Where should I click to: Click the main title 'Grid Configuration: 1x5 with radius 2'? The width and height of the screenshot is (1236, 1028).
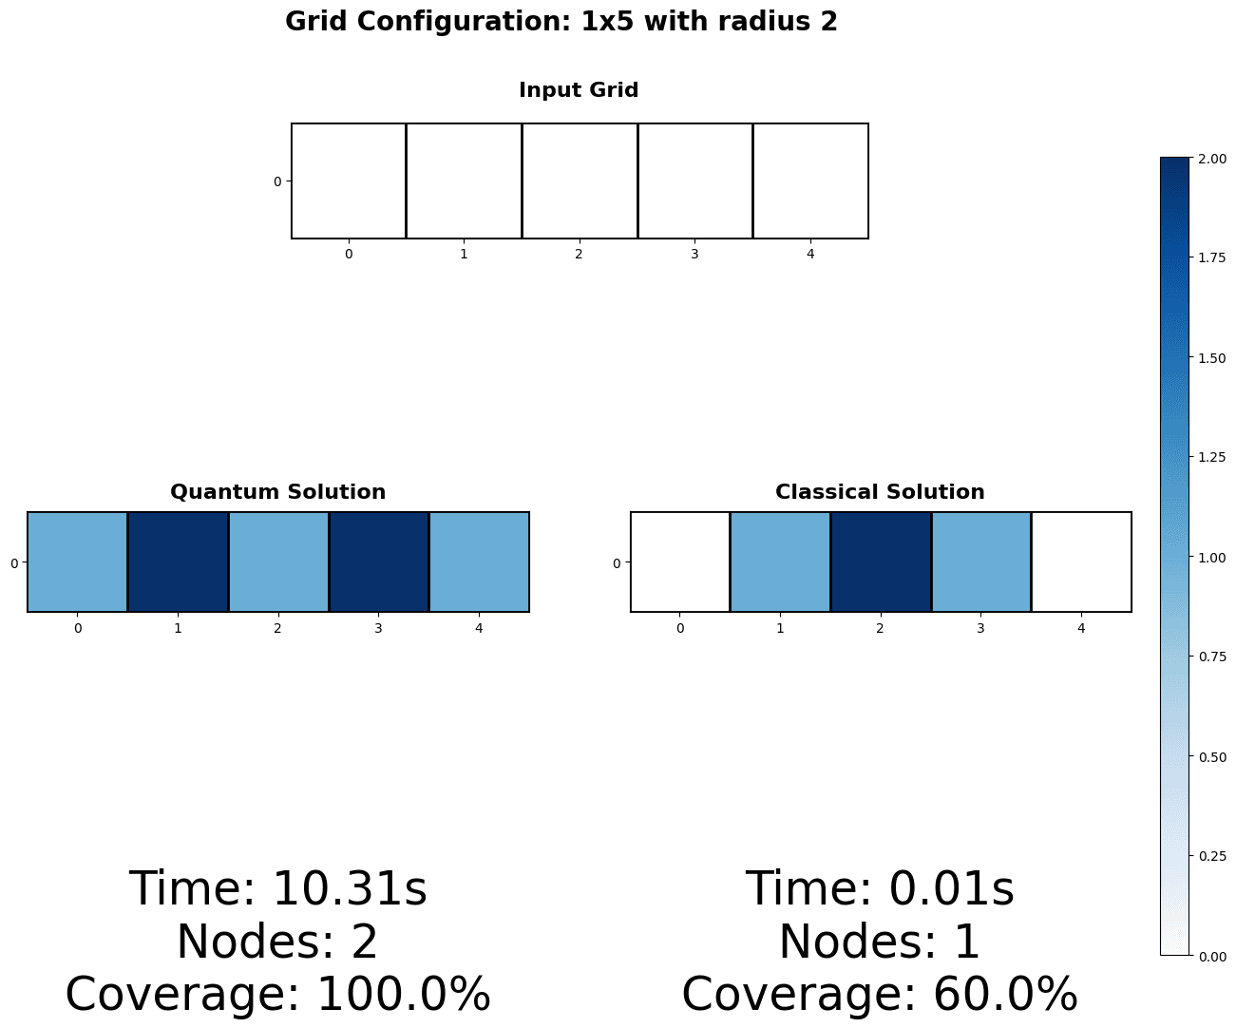pos(561,22)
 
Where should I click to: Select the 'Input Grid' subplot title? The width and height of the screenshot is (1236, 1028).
pos(579,90)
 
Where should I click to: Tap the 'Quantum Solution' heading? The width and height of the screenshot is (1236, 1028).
pos(277,492)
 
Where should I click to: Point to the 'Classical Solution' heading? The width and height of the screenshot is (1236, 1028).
pos(880,492)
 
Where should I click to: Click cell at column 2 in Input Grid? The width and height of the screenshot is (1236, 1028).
pos(579,181)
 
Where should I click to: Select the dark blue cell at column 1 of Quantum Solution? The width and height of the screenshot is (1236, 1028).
pos(178,562)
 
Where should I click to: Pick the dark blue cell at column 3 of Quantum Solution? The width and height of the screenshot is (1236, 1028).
pos(378,562)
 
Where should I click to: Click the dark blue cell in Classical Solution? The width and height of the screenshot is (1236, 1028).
pos(880,562)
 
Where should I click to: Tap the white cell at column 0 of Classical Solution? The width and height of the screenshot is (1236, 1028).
pos(680,562)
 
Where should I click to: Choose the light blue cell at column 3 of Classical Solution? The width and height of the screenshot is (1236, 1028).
pos(980,562)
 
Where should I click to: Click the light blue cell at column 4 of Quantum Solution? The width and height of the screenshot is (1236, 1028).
pos(479,562)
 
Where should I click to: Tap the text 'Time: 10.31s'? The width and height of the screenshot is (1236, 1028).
pos(277,890)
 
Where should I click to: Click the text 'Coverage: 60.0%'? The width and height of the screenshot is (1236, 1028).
pos(880,995)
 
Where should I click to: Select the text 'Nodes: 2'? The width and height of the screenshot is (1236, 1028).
pos(277,942)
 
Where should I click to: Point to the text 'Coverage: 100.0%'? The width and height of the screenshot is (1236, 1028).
pos(277,995)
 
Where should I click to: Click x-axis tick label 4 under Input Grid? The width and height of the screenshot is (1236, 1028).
pos(810,254)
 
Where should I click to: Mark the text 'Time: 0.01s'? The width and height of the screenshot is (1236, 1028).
pos(880,890)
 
